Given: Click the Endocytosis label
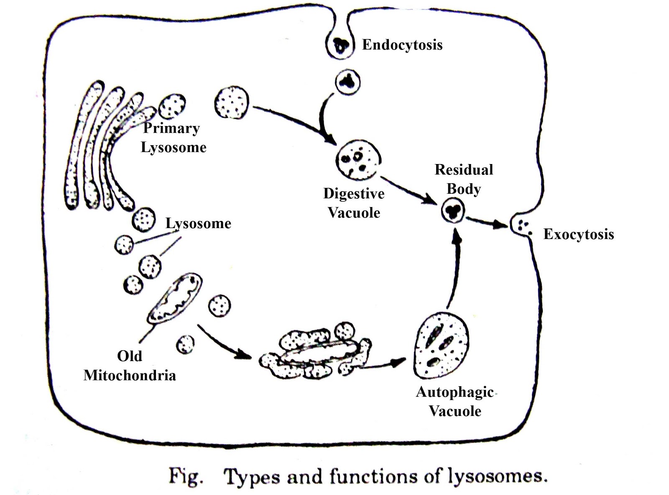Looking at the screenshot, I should point(402,44).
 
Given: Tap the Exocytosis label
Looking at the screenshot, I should point(578,234).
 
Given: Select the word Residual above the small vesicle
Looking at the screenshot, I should point(464,169).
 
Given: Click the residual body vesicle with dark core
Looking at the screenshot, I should point(453,210).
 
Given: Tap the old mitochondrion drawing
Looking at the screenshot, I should point(174,298).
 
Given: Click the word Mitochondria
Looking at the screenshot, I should point(130,375).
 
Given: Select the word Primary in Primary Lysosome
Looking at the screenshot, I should point(171,128).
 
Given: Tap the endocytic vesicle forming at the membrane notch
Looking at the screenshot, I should point(340,45).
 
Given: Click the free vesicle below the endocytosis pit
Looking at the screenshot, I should point(347,82).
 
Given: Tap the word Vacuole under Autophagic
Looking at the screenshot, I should point(455,411).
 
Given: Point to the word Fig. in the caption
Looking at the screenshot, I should point(186,477).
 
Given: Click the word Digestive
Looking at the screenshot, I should point(354,193).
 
